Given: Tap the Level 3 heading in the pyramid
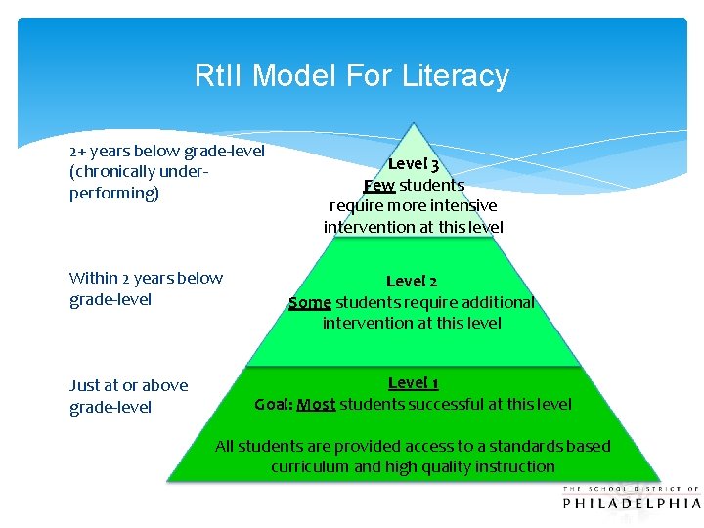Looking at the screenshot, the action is pyautogui.click(x=414, y=164).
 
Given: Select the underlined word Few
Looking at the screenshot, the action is pyautogui.click(x=379, y=185).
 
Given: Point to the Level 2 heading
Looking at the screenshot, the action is pyautogui.click(x=412, y=282).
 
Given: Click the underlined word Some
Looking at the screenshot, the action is pyautogui.click(x=310, y=302).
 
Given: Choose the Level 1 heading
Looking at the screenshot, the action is pyautogui.click(x=413, y=382).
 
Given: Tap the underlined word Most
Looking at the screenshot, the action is pyautogui.click(x=316, y=404).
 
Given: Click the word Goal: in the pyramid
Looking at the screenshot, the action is pyautogui.click(x=273, y=404).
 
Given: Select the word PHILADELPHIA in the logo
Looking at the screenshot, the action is pyautogui.click(x=632, y=504).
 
